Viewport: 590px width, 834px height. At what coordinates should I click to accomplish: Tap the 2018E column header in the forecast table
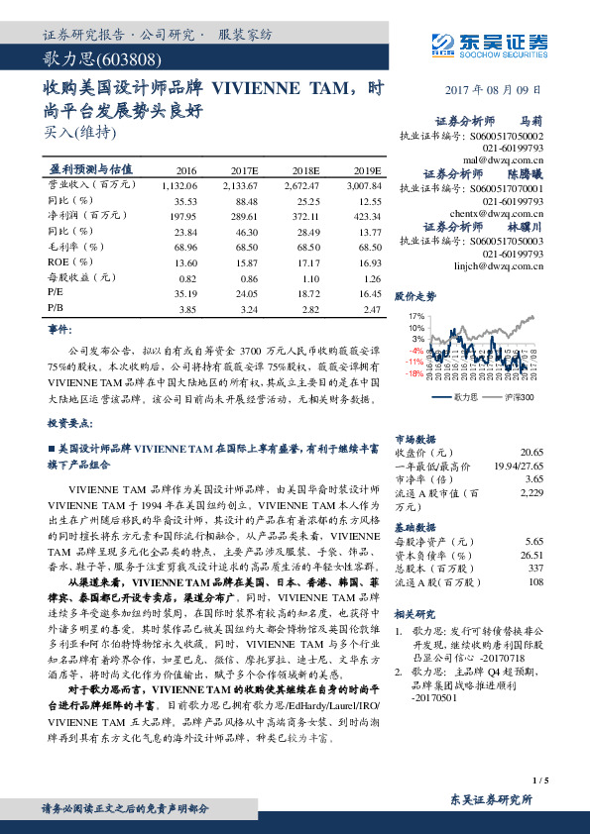point(298,169)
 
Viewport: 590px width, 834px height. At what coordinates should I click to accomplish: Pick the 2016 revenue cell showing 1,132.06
point(177,184)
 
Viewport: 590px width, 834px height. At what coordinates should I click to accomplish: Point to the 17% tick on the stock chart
point(416,316)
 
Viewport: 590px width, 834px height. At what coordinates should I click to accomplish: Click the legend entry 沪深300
point(519,397)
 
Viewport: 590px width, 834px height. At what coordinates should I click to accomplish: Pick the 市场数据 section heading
point(415,438)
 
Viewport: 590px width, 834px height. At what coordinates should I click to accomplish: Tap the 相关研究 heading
point(415,614)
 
